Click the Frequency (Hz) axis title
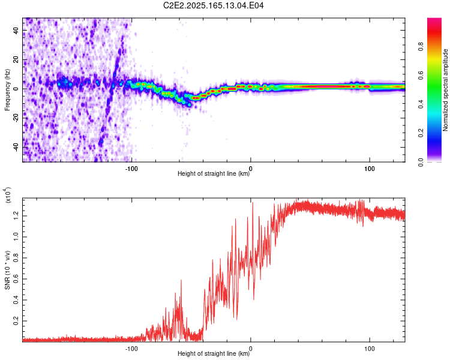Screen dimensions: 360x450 [x=7, y=89]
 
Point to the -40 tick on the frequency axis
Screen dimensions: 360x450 [x=16, y=147]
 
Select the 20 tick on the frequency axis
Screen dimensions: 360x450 [x=17, y=59]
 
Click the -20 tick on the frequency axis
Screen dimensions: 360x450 [x=16, y=118]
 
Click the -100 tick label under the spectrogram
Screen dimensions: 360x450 [x=131, y=168]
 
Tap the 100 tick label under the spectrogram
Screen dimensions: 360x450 [x=370, y=168]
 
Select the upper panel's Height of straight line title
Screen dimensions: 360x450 [x=214, y=174]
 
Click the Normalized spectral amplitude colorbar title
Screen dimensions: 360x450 [x=446, y=89]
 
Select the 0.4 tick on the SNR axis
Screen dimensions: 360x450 [x=16, y=300]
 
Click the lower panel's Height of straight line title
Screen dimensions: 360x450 [x=214, y=353]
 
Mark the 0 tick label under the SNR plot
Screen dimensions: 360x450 [x=251, y=347]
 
